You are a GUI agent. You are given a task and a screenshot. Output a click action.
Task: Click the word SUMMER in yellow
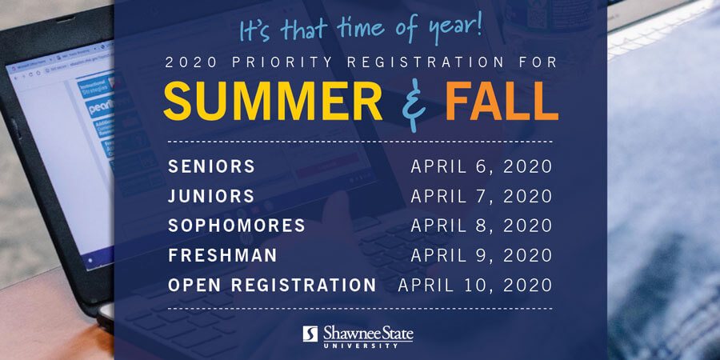click(x=273, y=101)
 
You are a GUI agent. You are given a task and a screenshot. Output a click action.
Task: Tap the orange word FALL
click(x=502, y=101)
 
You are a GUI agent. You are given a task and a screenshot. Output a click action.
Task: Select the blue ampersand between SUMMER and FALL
click(x=414, y=106)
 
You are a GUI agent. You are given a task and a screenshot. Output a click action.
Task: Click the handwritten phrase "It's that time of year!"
click(x=361, y=28)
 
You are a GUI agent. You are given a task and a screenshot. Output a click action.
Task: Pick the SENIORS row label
click(x=211, y=166)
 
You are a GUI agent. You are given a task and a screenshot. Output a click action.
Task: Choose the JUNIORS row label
click(x=210, y=196)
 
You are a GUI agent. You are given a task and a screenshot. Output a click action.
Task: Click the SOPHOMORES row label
click(x=237, y=226)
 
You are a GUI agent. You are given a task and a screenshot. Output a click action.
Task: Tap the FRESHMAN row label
click(x=222, y=255)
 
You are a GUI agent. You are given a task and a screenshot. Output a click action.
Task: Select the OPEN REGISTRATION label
click(x=272, y=285)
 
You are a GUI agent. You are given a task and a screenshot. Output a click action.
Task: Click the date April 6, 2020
click(x=482, y=166)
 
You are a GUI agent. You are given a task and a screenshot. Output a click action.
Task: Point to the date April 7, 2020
click(x=482, y=197)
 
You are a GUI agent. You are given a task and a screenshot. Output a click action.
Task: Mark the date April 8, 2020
click(x=482, y=226)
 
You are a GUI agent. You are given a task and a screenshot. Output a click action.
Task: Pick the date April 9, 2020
click(x=482, y=256)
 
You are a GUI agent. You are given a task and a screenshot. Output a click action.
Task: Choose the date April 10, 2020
click(x=474, y=286)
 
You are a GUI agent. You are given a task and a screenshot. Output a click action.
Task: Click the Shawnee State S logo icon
click(x=310, y=334)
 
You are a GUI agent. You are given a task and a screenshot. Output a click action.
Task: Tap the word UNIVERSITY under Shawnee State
click(x=367, y=344)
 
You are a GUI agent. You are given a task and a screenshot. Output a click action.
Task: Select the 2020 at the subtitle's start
click(x=190, y=62)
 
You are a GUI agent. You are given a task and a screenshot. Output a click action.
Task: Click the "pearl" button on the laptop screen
click(x=102, y=107)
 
